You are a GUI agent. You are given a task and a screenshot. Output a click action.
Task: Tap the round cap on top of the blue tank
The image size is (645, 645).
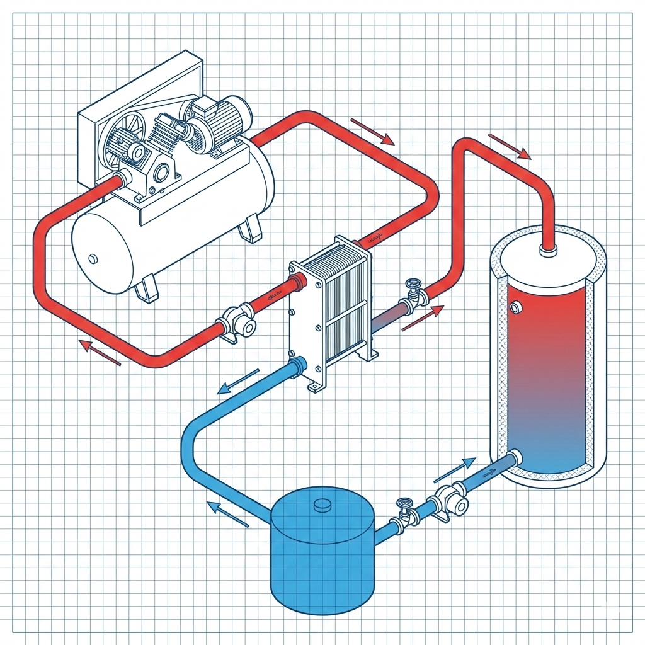point(322,505)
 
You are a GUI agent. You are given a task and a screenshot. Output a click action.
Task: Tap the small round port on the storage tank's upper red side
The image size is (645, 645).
point(516,307)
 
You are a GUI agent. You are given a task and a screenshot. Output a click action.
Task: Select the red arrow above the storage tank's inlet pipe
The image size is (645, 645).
point(509,146)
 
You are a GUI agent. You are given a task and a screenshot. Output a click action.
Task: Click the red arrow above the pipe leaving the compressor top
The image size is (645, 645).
point(372,130)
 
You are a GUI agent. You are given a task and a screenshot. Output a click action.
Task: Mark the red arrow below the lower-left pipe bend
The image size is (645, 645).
point(99,352)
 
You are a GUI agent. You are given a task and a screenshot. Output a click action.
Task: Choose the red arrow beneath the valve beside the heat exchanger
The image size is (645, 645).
point(422,318)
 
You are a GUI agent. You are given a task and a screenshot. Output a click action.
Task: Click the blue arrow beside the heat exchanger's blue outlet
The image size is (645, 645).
point(237,382)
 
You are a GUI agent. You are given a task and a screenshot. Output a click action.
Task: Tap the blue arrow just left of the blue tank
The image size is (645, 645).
point(228,514)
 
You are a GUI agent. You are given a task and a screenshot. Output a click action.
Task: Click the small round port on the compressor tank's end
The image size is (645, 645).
point(93,258)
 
